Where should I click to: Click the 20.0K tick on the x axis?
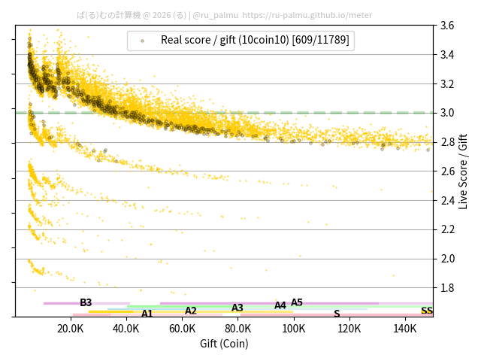click(x=71, y=329)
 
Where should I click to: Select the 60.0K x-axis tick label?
click(x=182, y=329)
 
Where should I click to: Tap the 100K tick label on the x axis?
click(x=294, y=329)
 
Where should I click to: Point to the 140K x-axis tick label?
click(x=405, y=329)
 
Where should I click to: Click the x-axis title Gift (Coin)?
click(x=224, y=344)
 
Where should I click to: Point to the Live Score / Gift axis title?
click(x=463, y=171)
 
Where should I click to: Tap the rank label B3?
click(x=86, y=302)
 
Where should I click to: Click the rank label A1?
click(x=147, y=314)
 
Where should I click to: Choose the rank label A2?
click(x=191, y=311)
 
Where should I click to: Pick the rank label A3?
click(x=237, y=308)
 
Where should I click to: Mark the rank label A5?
click(x=297, y=302)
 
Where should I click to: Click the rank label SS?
click(x=427, y=311)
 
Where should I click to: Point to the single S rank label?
click(x=337, y=314)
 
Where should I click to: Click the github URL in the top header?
click(x=307, y=14)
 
